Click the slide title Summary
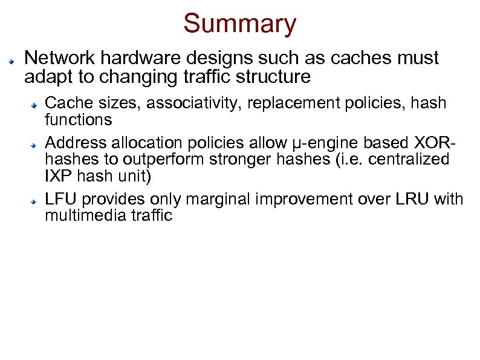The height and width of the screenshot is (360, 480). (240, 24)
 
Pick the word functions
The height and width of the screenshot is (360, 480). (79, 119)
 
